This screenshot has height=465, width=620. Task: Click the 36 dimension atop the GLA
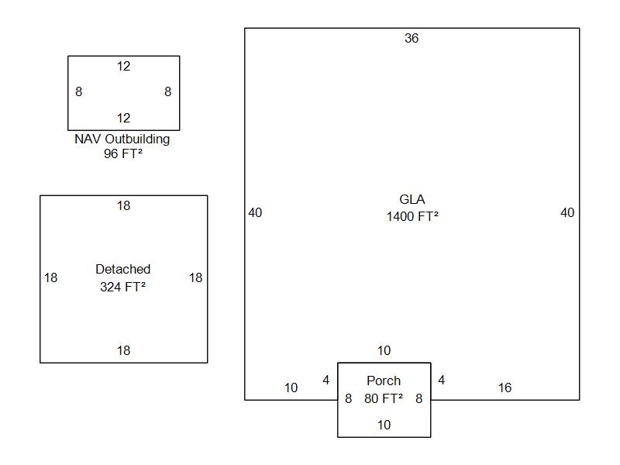412,38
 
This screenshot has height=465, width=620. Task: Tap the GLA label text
412,200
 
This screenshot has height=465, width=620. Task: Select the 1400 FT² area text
412,217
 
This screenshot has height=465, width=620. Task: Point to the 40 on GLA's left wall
255,212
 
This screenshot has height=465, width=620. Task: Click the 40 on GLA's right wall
567,212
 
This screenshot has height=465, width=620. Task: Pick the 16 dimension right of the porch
505,388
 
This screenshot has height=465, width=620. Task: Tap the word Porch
384,381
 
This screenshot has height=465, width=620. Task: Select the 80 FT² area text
384,399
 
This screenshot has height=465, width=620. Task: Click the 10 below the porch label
384,425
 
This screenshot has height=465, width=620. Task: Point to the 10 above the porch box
384,351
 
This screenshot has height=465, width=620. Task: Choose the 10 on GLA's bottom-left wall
291,388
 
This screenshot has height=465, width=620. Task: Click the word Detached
123,270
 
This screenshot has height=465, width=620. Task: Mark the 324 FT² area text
123,287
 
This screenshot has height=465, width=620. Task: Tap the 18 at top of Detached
123,206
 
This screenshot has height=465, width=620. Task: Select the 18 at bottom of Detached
123,351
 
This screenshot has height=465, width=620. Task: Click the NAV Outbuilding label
122,139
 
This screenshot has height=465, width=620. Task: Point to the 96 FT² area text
122,154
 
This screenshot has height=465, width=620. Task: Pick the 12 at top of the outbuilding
123,67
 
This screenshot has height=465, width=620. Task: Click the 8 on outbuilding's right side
167,91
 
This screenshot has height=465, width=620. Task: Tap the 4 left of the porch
326,381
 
